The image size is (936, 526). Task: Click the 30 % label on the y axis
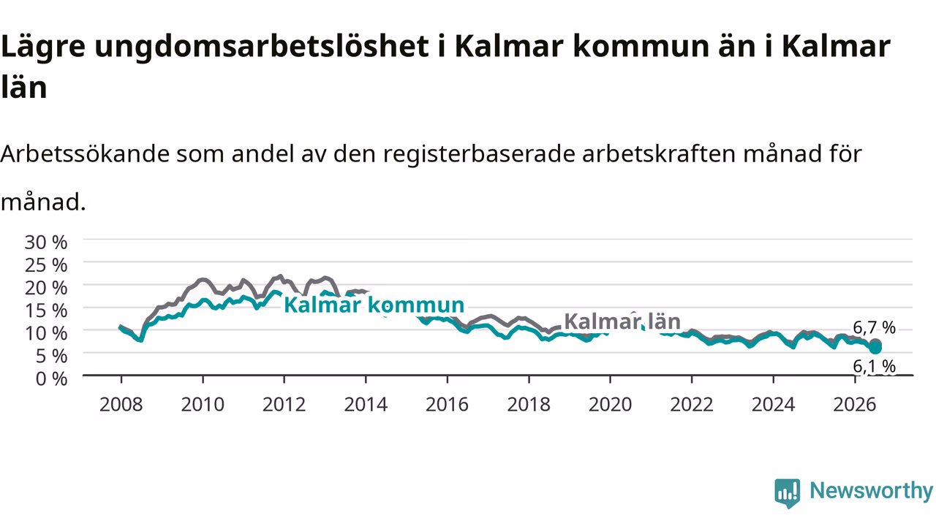46,242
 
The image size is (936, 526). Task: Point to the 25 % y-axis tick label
46,265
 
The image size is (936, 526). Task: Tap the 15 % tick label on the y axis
46,310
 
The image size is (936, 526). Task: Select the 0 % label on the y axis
51,378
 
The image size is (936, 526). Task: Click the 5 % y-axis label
51,356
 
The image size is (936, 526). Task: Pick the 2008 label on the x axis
121,405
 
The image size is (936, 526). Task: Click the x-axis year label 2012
284,405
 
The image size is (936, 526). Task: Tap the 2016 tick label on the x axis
447,405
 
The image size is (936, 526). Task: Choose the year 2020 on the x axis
610,405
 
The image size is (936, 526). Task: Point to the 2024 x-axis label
773,405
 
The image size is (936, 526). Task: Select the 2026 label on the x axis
855,405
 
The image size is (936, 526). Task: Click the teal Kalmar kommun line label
374,305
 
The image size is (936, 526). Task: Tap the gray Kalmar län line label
622,321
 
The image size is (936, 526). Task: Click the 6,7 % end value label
874,328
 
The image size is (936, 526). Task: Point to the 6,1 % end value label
874,367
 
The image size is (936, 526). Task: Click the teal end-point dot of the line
875,348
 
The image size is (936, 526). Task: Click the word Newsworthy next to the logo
872,490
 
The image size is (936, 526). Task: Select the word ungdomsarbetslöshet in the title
262,46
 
